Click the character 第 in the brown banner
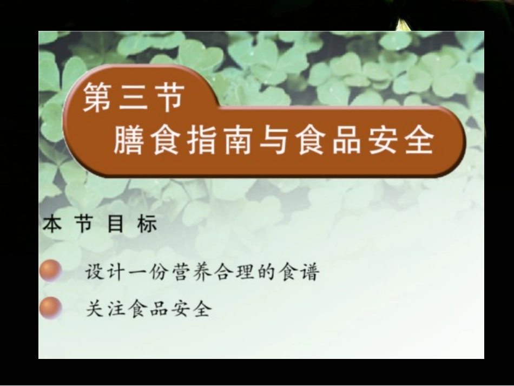pyautogui.click(x=96, y=99)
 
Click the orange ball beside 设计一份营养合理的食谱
pyautogui.click(x=50, y=270)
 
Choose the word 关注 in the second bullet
pyautogui.click(x=104, y=309)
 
